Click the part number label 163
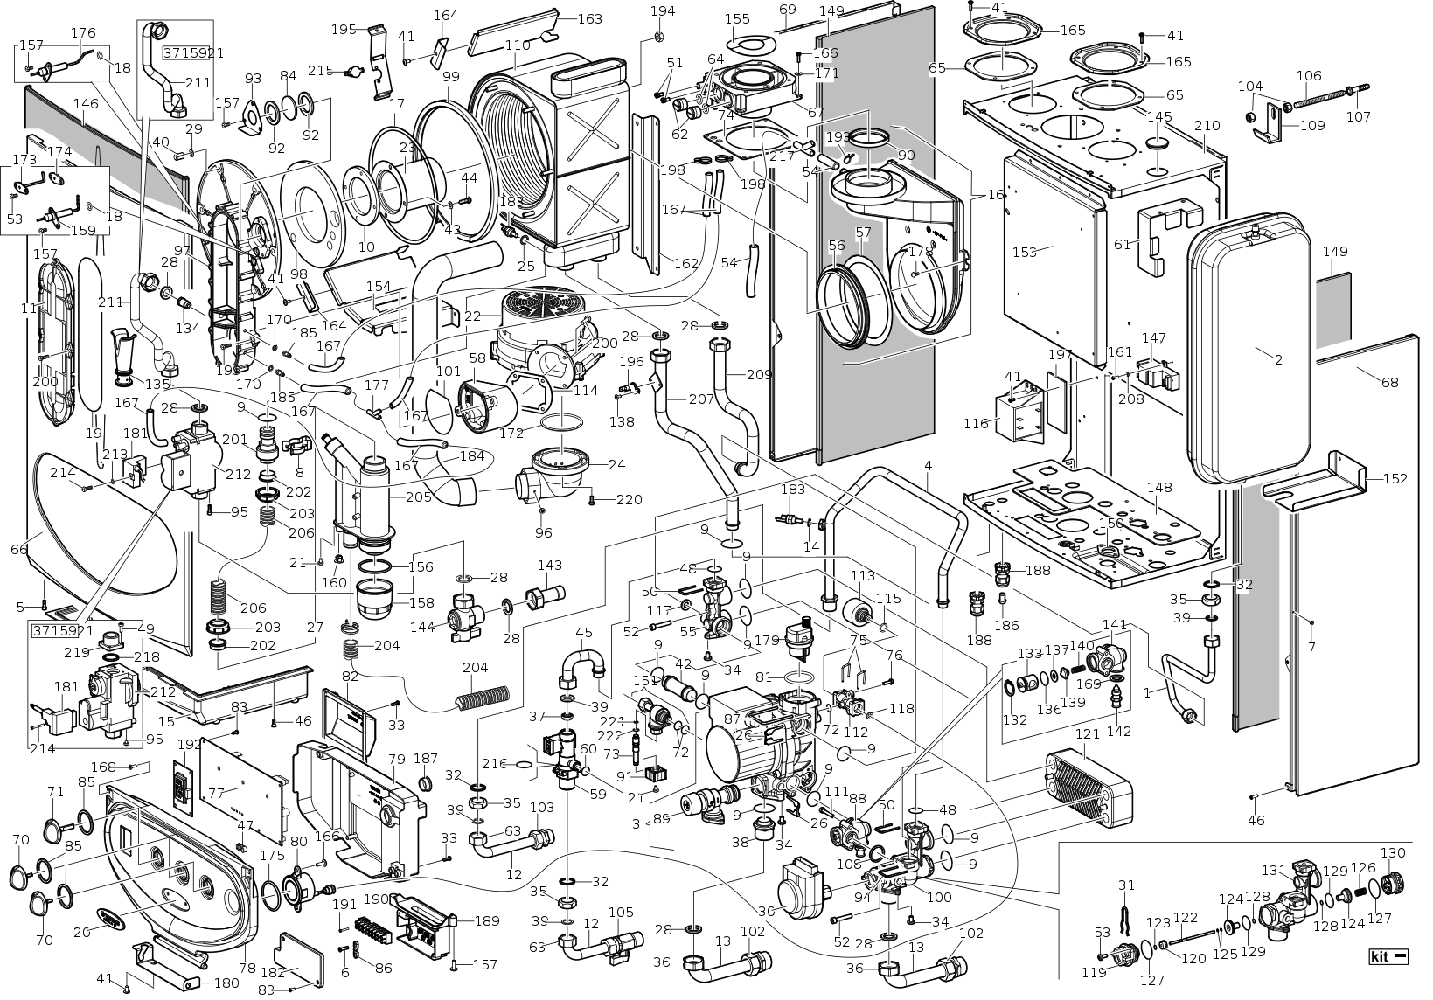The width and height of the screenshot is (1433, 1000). pyautogui.click(x=590, y=18)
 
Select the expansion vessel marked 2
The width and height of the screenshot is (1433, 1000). pyautogui.click(x=1246, y=350)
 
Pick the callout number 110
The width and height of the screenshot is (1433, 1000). pyautogui.click(x=518, y=45)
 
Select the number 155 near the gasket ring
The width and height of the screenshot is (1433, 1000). pyautogui.click(x=737, y=18)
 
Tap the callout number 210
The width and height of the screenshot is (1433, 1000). pyautogui.click(x=1207, y=125)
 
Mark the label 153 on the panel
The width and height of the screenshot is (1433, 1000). pyautogui.click(x=1024, y=252)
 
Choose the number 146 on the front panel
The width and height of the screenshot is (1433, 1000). pyautogui.click(x=85, y=103)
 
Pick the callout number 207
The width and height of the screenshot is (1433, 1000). pyautogui.click(x=701, y=399)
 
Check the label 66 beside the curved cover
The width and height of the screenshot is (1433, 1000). pyautogui.click(x=19, y=548)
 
